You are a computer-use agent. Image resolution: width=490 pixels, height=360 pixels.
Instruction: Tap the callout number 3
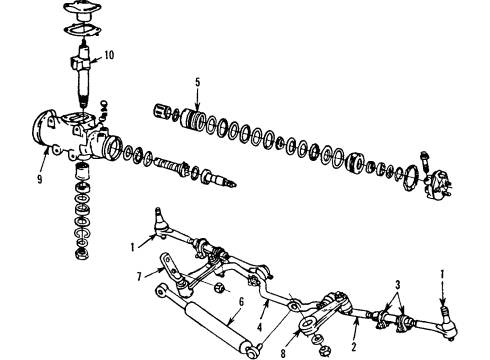coord(396,285)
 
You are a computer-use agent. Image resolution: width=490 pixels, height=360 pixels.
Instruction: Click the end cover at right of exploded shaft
coord(438,187)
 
